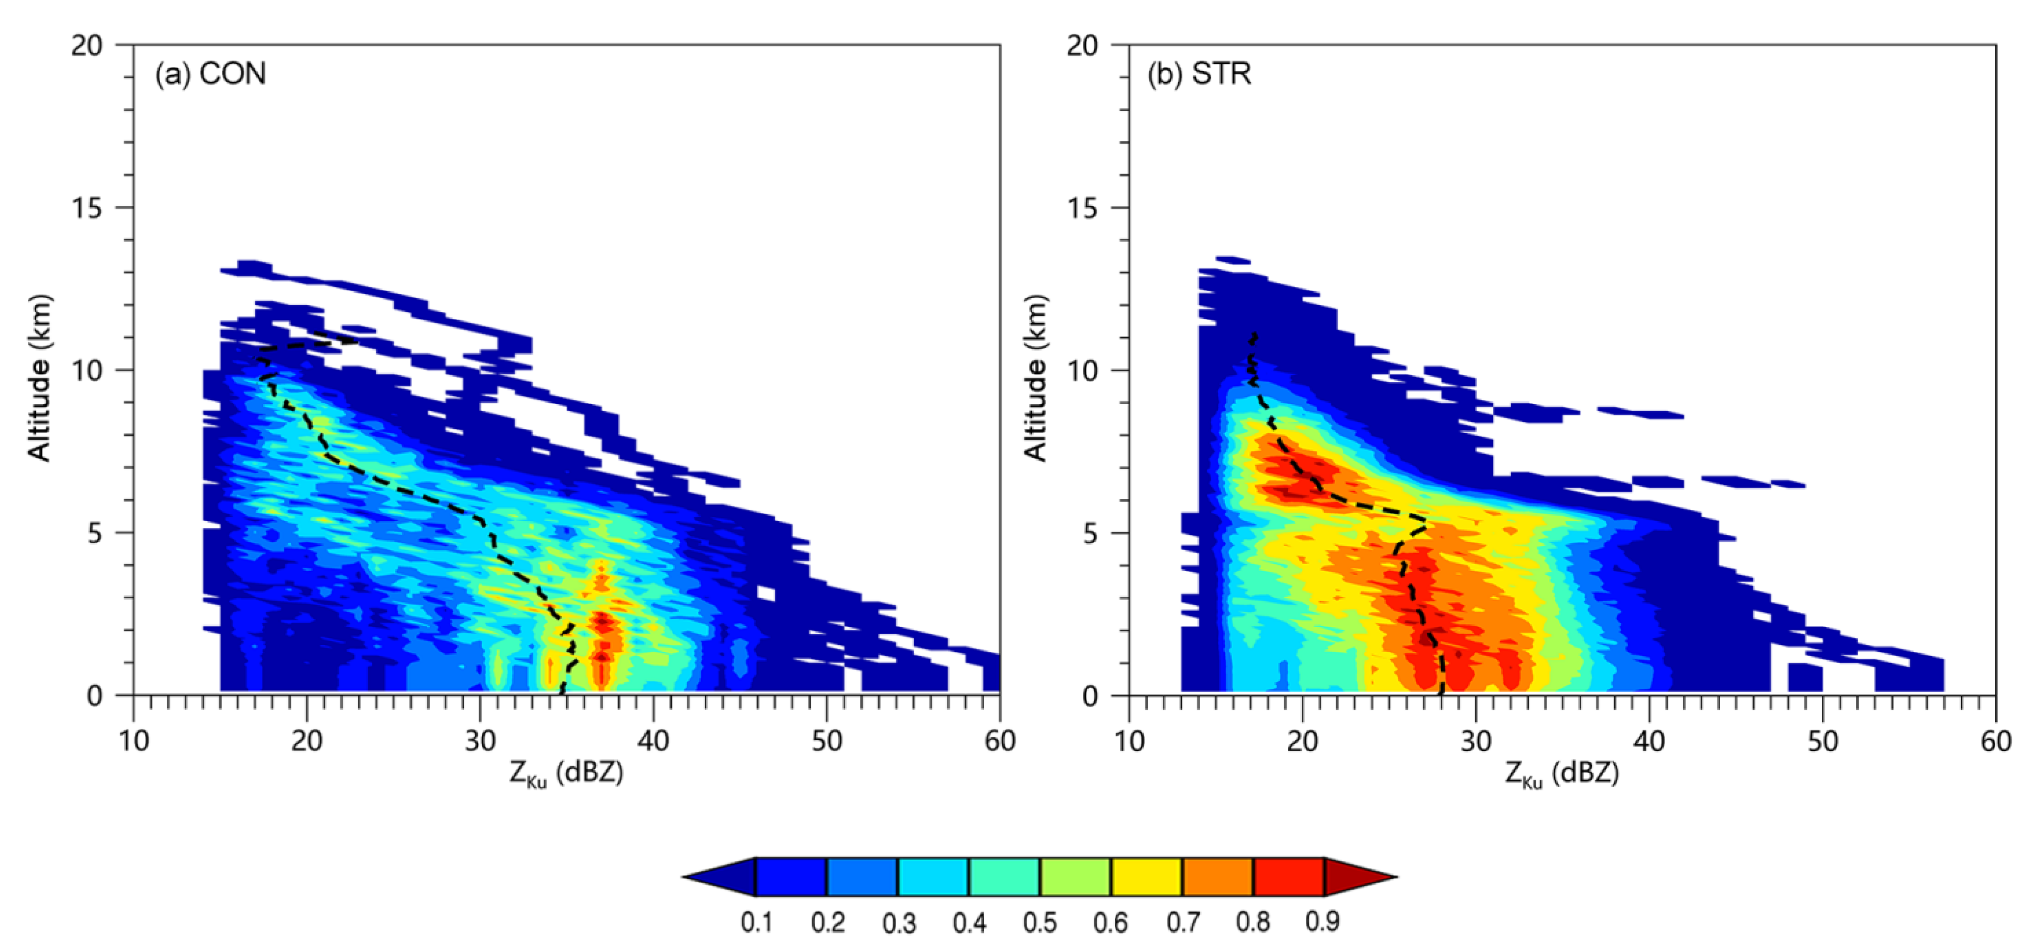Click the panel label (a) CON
(x=210, y=74)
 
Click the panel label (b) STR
(x=1200, y=74)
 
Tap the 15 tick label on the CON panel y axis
(x=87, y=208)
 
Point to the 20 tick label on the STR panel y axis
(x=1082, y=46)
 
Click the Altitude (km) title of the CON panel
(x=40, y=378)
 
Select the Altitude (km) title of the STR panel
(x=1035, y=378)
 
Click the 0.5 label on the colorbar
(x=1040, y=922)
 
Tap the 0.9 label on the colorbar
(x=1323, y=922)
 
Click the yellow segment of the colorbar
(x=1147, y=877)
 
